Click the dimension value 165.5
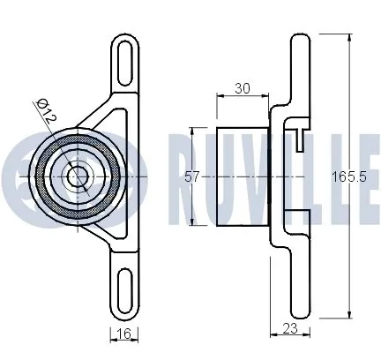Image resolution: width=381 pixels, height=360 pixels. (349, 177)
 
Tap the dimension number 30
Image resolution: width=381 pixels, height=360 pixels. (243, 88)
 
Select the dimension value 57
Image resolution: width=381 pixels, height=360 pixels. (192, 177)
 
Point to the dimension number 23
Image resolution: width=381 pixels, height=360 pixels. (290, 328)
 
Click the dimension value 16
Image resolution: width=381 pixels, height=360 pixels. (123, 334)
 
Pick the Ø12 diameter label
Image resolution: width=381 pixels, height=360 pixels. (46, 110)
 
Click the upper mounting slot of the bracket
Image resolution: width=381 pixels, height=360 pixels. (124, 64)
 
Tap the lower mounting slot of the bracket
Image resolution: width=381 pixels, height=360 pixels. (124, 289)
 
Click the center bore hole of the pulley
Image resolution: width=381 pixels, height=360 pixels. (78, 176)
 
